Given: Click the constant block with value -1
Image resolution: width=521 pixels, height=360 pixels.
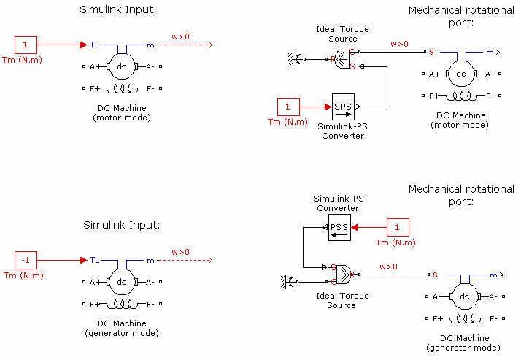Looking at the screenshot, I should click(25, 260).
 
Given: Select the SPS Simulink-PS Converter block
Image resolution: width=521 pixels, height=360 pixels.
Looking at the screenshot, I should click(342, 107).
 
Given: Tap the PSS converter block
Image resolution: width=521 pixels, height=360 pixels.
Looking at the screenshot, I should click(339, 227).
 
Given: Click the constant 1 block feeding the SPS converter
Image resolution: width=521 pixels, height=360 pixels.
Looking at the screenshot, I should click(287, 107).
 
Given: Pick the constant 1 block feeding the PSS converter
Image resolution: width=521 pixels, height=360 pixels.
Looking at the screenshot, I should click(398, 227).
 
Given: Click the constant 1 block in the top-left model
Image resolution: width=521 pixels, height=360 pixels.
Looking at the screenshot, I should click(25, 45).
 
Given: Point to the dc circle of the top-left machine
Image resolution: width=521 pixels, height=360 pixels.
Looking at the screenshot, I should click(122, 66).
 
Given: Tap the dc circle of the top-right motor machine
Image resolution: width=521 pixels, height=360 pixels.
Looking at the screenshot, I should click(460, 74).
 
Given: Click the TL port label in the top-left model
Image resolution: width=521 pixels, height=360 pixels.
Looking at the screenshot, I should click(95, 45).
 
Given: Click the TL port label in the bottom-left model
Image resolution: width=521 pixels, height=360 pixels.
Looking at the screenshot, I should click(95, 260).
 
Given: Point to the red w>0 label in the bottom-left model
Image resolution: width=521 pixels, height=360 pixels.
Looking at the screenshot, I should click(180, 252).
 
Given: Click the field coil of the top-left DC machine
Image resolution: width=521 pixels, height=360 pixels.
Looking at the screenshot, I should click(122, 89).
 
